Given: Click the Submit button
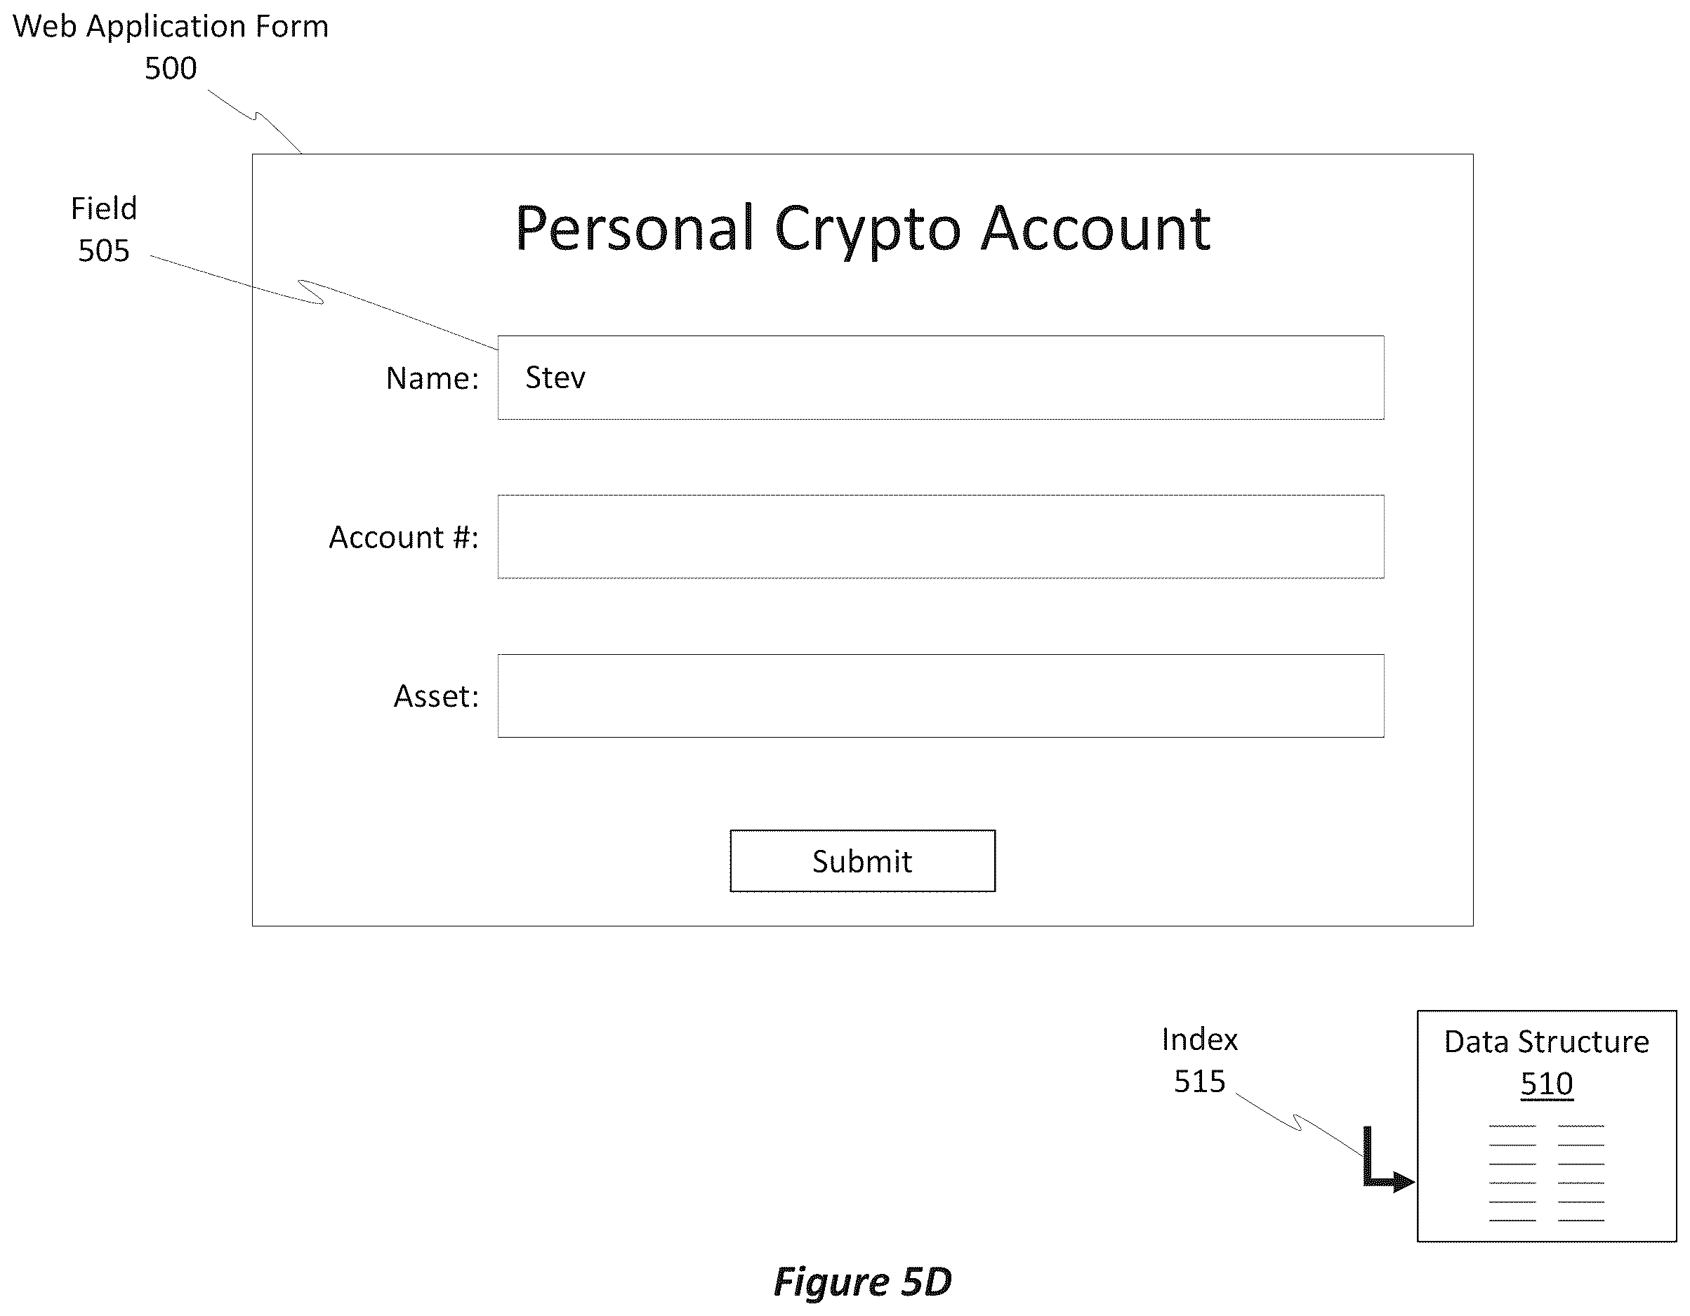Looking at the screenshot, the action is coord(862,860).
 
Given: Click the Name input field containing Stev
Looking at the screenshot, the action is coord(940,378).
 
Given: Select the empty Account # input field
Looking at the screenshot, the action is coord(940,536).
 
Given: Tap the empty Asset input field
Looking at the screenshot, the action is coord(940,696).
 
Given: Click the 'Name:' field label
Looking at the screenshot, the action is coord(433,378).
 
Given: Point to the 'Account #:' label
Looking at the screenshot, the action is coord(404,537).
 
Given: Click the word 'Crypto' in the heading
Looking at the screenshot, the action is coord(866,230).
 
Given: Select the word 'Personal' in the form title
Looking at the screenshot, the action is coord(635,227).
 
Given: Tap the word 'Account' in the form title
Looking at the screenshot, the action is coord(1095,227).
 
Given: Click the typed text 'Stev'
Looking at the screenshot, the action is coord(555,378).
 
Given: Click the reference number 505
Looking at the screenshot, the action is coord(104,251).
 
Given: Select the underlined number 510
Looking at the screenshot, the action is coord(1546,1084).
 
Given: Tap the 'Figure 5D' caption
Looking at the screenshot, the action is coord(862,1282).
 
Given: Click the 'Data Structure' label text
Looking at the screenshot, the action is coord(1546,1042).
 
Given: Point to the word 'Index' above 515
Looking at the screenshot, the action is coord(1199,1039).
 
